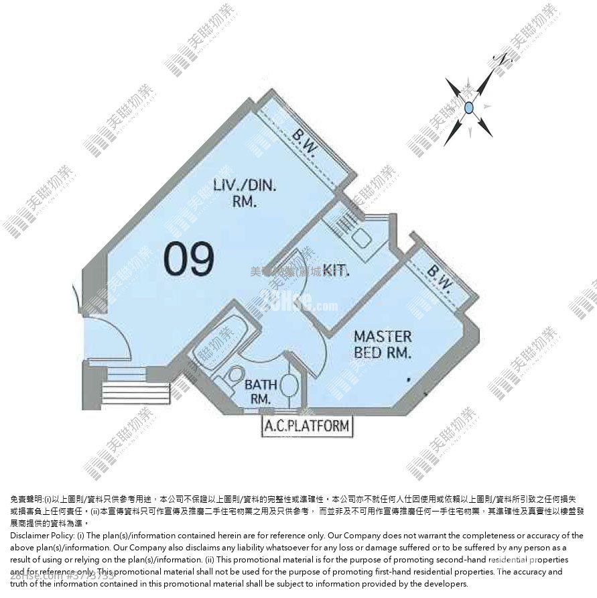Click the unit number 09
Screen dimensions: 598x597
pos(190,259)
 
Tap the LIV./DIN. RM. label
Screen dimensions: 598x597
pos(235,193)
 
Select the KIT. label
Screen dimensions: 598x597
pos(336,270)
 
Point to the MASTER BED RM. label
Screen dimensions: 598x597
pos(383,344)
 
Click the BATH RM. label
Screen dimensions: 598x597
pos(258,392)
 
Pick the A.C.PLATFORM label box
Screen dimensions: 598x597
pos(306,424)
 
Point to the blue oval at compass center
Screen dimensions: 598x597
pos(470,107)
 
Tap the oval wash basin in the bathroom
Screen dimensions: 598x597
pos(287,385)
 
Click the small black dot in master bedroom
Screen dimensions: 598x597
pos(408,379)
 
